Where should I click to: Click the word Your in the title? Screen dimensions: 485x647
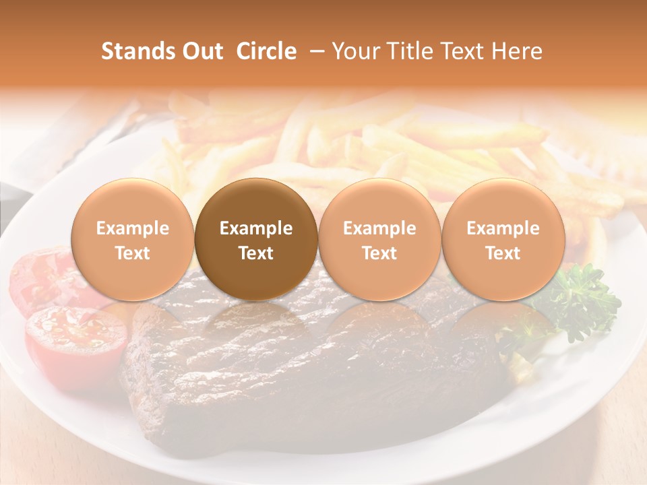point(355,51)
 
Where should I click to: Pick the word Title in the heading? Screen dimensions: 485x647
point(407,51)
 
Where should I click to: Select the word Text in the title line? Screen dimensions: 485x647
point(464,51)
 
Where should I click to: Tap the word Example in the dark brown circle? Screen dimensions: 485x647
point(256,228)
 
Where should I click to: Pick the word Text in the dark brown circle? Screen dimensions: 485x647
point(256,253)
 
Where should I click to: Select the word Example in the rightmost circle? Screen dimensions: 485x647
point(503,228)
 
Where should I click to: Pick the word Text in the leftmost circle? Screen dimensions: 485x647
point(133,253)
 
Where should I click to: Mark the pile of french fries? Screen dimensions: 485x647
point(377,145)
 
